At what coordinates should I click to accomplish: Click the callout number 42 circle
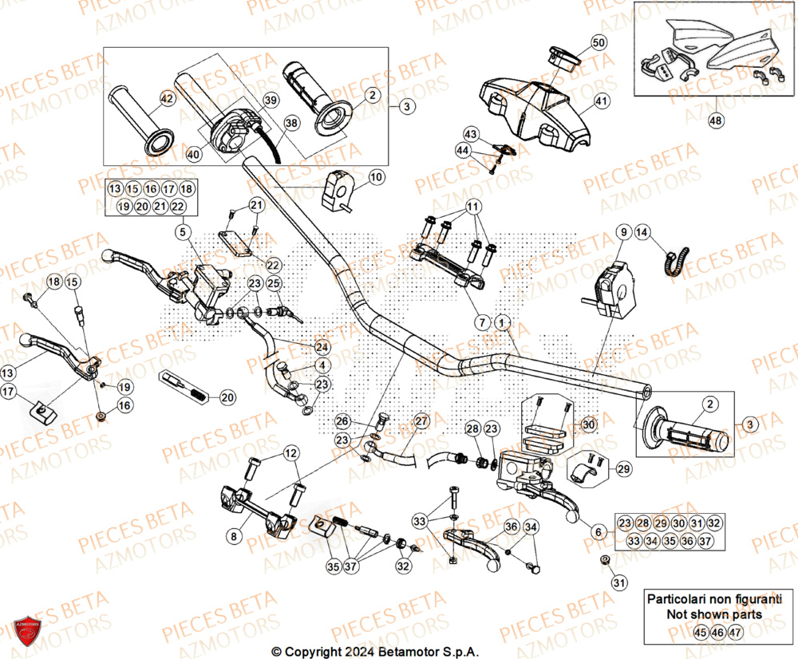[x=166, y=99]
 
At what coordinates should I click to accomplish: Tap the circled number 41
[x=600, y=101]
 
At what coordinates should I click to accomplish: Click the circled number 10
[x=376, y=176]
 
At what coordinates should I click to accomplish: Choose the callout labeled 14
[x=642, y=232]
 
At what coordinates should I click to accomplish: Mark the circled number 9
[x=622, y=232]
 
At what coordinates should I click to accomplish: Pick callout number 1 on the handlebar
[x=501, y=323]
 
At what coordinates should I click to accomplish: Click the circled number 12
[x=290, y=454]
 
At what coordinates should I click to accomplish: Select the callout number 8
[x=233, y=537]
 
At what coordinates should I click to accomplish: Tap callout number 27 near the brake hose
[x=421, y=420]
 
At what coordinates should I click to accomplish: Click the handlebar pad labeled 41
[x=535, y=108]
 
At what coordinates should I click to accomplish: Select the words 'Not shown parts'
[x=714, y=614]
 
